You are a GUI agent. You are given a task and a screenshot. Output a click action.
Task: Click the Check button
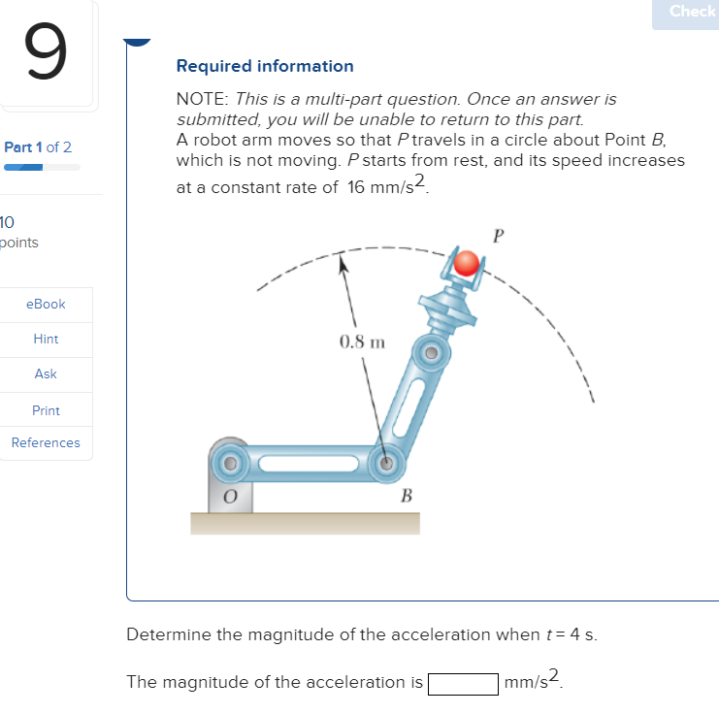point(692,12)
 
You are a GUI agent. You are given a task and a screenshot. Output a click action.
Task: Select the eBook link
point(47,304)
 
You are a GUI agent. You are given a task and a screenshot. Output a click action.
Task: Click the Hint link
point(46,339)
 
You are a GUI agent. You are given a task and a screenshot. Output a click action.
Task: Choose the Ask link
point(46,373)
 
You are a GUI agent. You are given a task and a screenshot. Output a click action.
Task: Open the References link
point(46,442)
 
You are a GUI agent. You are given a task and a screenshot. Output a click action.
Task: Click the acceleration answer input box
point(463,683)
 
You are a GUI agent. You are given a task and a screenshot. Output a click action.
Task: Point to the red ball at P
point(468,263)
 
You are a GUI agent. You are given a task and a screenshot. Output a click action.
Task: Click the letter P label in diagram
point(499,235)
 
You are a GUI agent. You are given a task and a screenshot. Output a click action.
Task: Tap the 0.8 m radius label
point(362,341)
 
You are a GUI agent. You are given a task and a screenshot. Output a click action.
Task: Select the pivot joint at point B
point(386,464)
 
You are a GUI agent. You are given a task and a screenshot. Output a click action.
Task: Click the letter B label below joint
point(407,497)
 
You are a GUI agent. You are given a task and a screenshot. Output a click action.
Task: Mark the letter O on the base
point(232,497)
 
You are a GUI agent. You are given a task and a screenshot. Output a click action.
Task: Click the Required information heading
point(265,66)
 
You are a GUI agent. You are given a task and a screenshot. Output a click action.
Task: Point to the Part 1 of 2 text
point(38,147)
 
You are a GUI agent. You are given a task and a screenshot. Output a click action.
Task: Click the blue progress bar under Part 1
point(24,167)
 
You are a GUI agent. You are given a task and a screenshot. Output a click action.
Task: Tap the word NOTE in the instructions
point(198,99)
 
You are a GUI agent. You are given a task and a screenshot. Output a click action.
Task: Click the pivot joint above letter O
point(231,463)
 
